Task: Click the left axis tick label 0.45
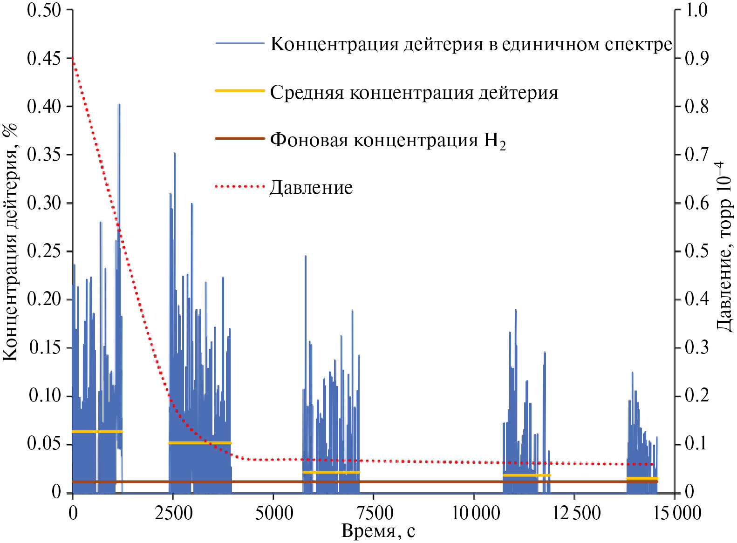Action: pos(44,59)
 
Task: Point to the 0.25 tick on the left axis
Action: pos(44,251)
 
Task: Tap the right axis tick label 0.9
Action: pos(696,59)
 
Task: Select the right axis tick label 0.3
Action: pos(696,348)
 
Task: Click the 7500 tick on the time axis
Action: pos(374,513)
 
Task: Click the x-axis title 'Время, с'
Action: pos(378,531)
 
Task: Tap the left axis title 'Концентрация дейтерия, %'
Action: pos(10,242)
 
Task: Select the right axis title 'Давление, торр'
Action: pos(724,247)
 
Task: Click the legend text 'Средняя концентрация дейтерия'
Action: pos(414,92)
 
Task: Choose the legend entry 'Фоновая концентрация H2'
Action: pos(388,140)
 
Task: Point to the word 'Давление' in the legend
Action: pos(311,187)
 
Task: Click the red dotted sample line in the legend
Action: pos(239,186)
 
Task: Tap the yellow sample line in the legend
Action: pos(239,90)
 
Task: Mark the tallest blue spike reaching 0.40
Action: pos(119,105)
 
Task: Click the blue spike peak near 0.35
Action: pos(174,154)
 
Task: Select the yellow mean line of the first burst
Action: pos(97,431)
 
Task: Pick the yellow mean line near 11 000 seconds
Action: pos(526,475)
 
